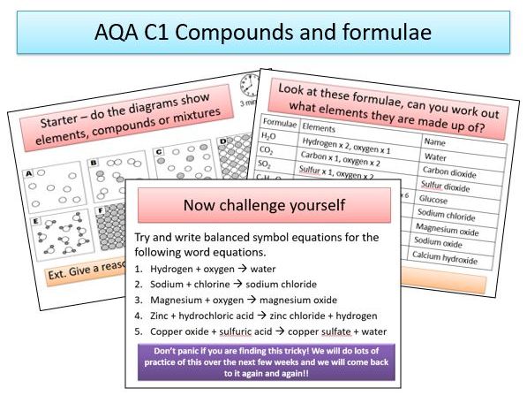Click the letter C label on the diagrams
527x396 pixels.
160,151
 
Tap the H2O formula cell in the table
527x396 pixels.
270,137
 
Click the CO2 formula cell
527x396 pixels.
269,151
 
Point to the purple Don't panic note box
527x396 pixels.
262,362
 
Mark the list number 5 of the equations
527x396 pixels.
139,331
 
